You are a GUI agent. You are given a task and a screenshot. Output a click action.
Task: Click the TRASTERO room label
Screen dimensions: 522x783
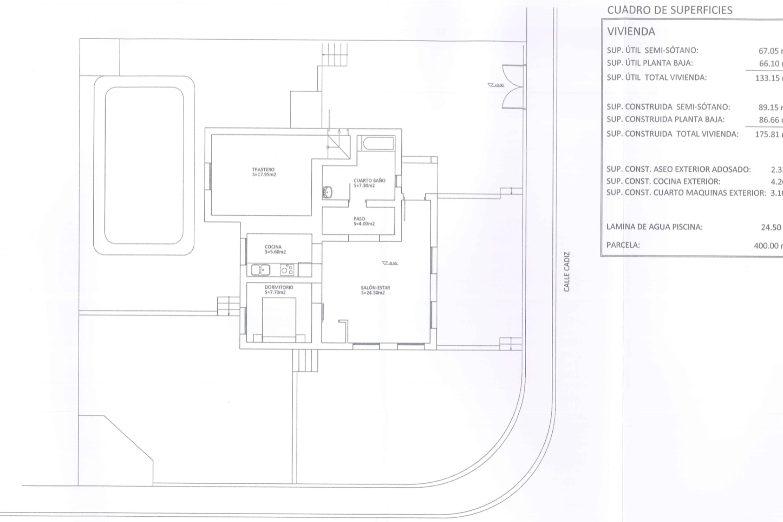(x=263, y=172)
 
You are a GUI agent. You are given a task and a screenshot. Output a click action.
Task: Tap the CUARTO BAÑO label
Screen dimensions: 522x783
(x=369, y=183)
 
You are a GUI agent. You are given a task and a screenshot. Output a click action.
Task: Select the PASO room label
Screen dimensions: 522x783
(x=360, y=221)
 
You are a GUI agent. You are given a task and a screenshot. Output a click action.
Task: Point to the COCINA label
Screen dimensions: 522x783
(x=273, y=249)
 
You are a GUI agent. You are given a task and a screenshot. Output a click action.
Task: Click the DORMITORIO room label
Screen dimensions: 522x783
(x=279, y=290)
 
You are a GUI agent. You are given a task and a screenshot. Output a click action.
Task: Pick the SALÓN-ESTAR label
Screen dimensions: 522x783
(x=372, y=290)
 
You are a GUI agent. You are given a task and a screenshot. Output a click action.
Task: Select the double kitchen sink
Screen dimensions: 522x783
(x=260, y=270)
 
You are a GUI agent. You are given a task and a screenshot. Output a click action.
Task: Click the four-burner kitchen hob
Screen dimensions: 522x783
(x=287, y=270)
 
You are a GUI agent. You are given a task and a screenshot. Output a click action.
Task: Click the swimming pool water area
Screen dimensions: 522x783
(x=144, y=165)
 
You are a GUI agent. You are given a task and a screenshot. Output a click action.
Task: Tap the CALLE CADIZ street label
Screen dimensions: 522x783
(x=567, y=272)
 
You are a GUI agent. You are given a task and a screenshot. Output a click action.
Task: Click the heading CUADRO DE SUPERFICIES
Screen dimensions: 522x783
(x=670, y=10)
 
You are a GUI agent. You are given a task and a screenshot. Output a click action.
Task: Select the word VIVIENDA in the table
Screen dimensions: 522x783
(x=631, y=31)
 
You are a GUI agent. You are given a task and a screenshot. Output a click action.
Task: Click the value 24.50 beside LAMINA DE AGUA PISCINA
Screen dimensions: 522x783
(x=771, y=227)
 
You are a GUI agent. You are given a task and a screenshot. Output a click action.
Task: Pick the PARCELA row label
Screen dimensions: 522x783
(x=623, y=245)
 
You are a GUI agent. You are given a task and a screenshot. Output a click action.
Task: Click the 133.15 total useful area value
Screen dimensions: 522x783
(x=768, y=78)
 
